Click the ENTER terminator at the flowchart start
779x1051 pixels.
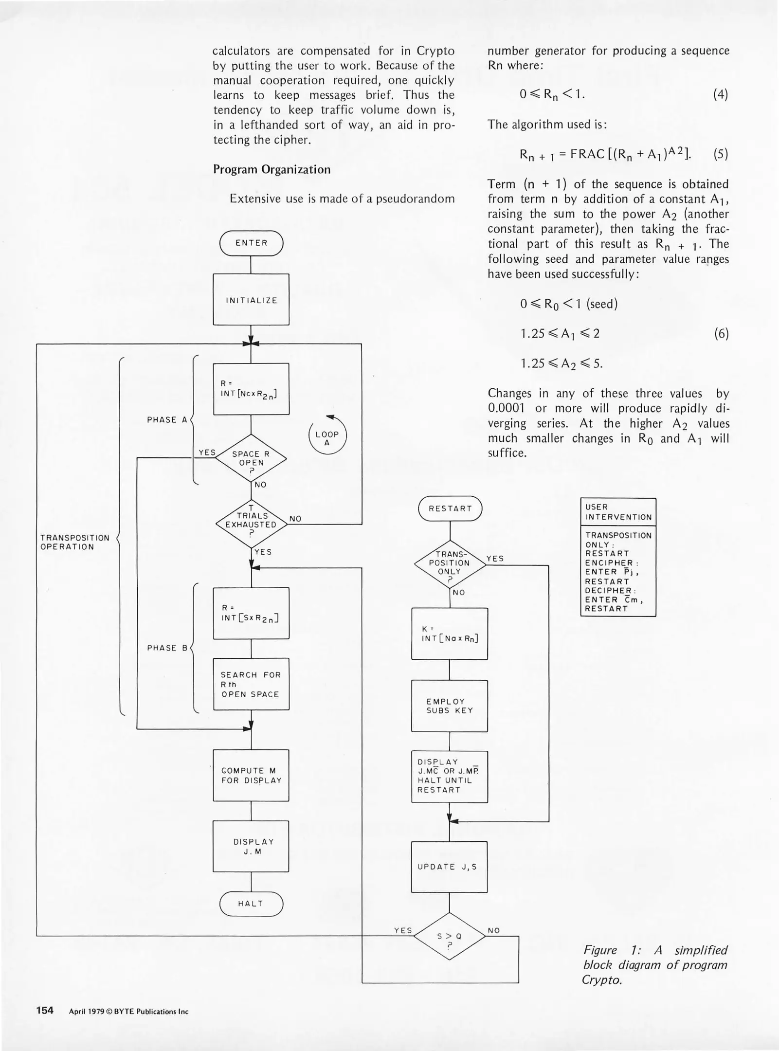(x=251, y=243)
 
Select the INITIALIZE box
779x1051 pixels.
(x=251, y=300)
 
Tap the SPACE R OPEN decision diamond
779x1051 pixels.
(x=251, y=458)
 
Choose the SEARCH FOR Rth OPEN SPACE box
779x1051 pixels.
(x=251, y=684)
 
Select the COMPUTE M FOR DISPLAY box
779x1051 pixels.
(x=251, y=776)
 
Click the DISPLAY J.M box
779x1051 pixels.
(x=251, y=847)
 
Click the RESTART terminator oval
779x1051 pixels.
(x=450, y=508)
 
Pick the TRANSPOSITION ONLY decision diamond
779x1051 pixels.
(x=450, y=564)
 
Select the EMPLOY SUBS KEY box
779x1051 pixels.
(x=450, y=706)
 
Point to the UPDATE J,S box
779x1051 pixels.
(x=450, y=867)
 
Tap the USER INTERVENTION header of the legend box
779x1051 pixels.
(x=618, y=512)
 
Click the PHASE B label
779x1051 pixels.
(x=167, y=648)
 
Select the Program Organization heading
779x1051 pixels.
(x=272, y=169)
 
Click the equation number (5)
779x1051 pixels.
(x=721, y=154)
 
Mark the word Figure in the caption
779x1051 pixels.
(x=600, y=950)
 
